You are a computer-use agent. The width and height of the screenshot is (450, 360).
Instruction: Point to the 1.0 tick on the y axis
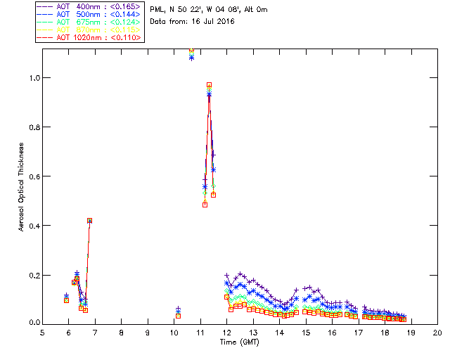33,77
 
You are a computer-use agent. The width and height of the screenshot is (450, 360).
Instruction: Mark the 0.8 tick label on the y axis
33,127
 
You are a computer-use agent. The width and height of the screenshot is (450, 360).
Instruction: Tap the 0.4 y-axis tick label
33,225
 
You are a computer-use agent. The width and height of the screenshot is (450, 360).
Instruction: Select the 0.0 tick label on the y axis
33,323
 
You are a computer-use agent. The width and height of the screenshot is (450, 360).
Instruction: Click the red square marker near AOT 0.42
89,220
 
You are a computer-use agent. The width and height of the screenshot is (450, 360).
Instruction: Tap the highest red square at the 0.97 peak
209,85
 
